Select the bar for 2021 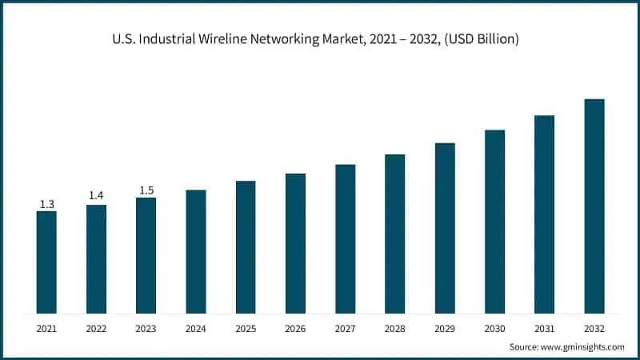coord(46,262)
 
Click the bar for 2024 coord(196,251)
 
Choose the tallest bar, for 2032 coord(594,206)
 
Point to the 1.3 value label coord(46,205)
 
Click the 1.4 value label coord(96,195)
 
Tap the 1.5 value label coord(146,190)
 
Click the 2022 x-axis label coord(96,328)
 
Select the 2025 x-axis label coord(246,328)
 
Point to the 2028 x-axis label coord(395,328)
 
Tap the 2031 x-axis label coord(545,328)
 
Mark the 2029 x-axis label coord(445,328)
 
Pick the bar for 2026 coord(295,243)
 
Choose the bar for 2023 coord(146,255)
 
